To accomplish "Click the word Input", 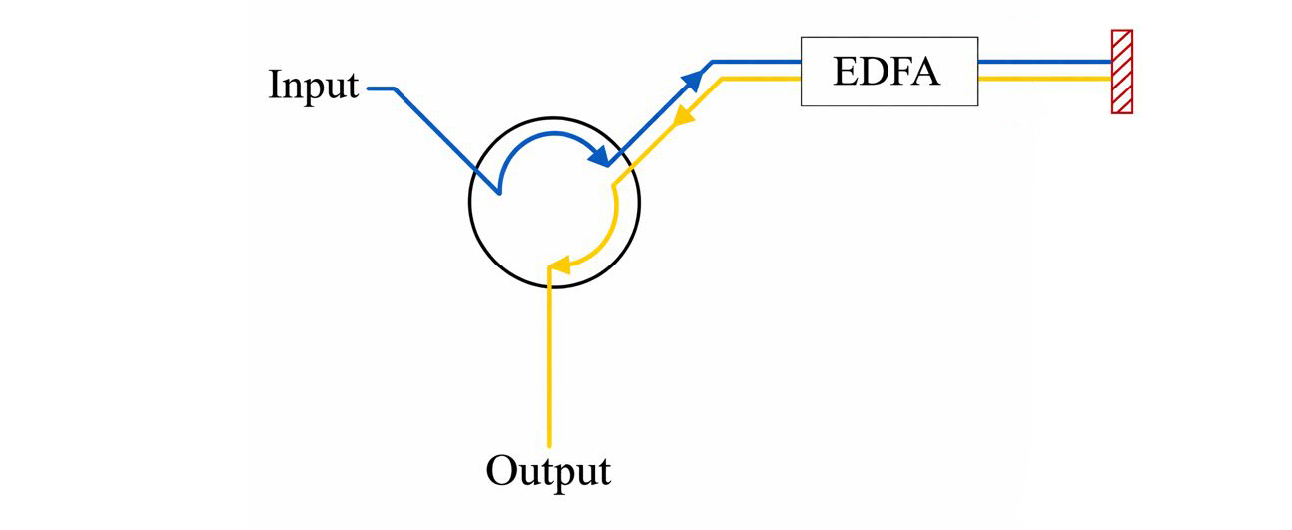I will tap(313, 86).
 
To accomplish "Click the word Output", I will tap(548, 470).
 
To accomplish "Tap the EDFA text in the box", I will tap(888, 72).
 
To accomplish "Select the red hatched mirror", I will tap(1121, 72).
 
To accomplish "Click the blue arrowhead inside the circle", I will tap(598, 155).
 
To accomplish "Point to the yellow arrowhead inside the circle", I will tap(559, 265).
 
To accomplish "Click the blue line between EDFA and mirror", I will tap(1044, 61).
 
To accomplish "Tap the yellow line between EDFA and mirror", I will tap(1044, 79).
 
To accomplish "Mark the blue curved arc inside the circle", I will tap(537, 138).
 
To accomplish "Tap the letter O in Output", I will tap(500, 470).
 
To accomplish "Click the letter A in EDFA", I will tap(926, 72).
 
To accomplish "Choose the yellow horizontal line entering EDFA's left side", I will tap(760, 79).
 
